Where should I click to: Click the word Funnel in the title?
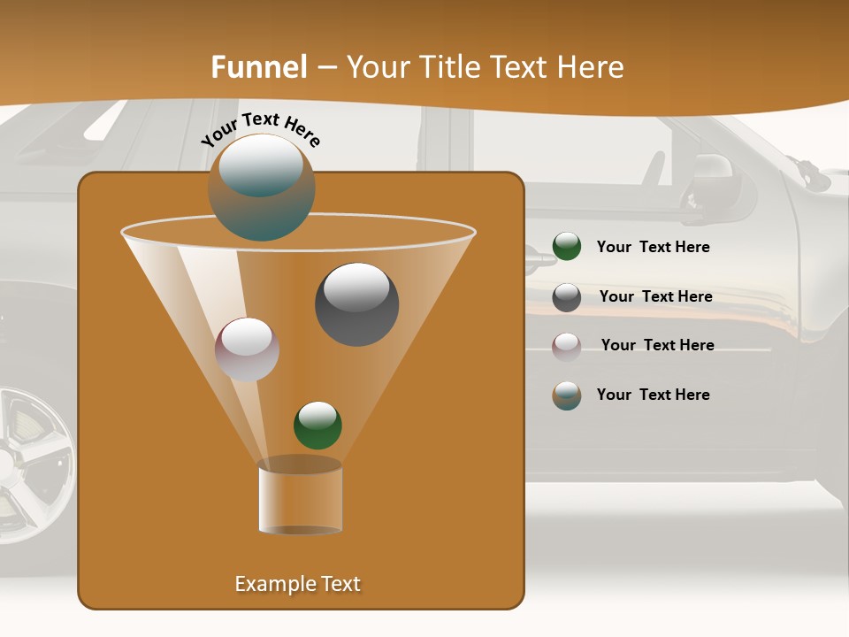pyautogui.click(x=258, y=67)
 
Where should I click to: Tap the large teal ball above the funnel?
pyautogui.click(x=262, y=187)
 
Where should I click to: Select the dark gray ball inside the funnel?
pyautogui.click(x=356, y=303)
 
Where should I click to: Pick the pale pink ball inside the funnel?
pyautogui.click(x=247, y=349)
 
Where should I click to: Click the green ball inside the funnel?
pyautogui.click(x=317, y=425)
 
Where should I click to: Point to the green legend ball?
pyautogui.click(x=566, y=247)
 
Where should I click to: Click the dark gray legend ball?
pyautogui.click(x=566, y=296)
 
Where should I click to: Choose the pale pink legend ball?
pyautogui.click(x=566, y=346)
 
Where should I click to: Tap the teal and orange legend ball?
pyautogui.click(x=566, y=395)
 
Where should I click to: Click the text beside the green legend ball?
pyautogui.click(x=653, y=247)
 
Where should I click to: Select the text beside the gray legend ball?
pyautogui.click(x=655, y=296)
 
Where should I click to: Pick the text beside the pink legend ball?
pyautogui.click(x=657, y=345)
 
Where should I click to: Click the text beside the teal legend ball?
pyautogui.click(x=653, y=395)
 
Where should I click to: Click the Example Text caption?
pyautogui.click(x=297, y=584)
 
